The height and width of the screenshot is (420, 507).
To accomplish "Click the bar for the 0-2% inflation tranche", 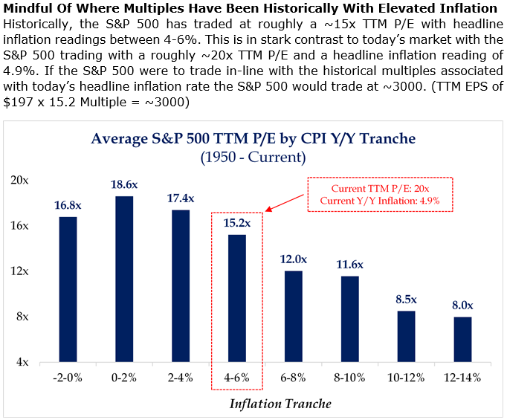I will (x=125, y=279).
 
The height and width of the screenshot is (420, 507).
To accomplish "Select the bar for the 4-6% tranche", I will (x=237, y=298).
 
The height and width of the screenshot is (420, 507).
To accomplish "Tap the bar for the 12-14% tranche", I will (x=462, y=340).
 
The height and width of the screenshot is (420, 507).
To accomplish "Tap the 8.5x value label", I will (x=406, y=299).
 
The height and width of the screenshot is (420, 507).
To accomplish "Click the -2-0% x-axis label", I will (x=68, y=377).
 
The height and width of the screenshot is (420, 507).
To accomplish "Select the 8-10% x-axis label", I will (x=350, y=377).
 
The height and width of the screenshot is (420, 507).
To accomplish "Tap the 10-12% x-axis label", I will (x=406, y=377).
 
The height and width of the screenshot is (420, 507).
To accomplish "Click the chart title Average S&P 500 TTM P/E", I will (x=253, y=138).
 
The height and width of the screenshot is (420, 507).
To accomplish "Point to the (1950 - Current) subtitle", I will (x=253, y=157).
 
